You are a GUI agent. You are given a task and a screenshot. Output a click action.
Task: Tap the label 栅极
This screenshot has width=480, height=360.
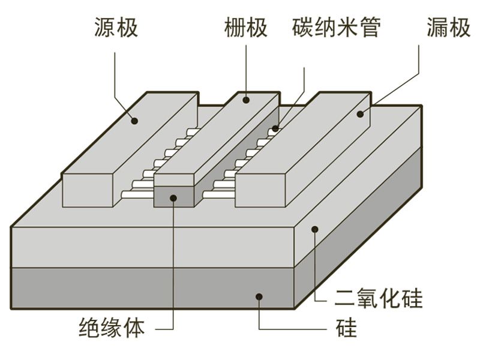pos(246,28)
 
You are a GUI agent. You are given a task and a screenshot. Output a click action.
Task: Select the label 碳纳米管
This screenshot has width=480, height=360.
pos(337,28)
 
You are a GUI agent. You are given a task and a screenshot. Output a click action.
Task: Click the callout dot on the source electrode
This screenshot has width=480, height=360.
pos(136,121)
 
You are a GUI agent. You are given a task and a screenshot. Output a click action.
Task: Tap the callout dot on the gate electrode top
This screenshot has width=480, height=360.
pos(246,101)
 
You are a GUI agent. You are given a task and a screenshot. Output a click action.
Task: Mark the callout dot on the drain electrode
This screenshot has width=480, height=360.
pos(361,113)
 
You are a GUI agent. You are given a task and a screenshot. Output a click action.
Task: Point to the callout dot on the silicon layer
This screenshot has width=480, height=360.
pos(259,295)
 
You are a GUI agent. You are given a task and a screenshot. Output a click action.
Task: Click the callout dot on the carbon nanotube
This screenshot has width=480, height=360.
pos(277,128)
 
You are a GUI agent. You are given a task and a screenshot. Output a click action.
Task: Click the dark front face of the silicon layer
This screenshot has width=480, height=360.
pos(150,287)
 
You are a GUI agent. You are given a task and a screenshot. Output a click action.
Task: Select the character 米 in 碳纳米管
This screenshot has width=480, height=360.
pos(347,28)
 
